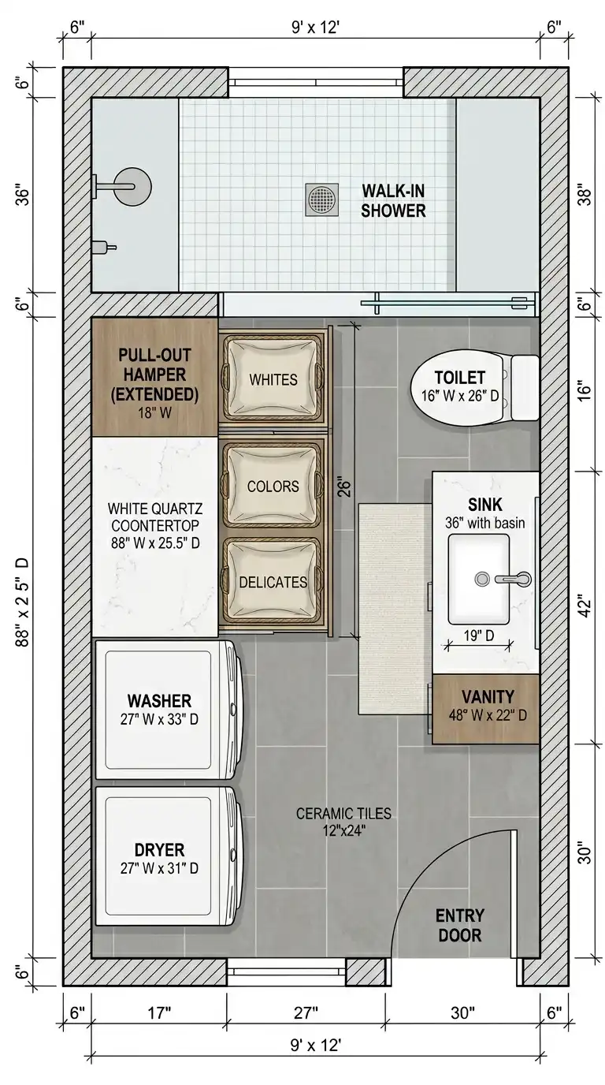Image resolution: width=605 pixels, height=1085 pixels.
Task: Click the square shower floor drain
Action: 322,199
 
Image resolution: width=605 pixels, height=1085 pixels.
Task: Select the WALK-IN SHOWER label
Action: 394,201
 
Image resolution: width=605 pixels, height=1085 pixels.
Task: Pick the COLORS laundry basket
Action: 273,486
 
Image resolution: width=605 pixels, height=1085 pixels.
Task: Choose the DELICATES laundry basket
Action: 273,581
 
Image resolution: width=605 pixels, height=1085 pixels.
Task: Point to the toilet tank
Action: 525,387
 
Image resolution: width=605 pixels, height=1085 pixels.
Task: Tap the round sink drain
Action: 482,579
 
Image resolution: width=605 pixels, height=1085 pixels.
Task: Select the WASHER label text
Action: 159,701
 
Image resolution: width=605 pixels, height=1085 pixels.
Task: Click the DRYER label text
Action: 159,850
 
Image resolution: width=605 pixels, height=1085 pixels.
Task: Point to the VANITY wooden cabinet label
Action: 488,696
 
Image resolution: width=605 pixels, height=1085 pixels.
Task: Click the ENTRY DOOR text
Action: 460,926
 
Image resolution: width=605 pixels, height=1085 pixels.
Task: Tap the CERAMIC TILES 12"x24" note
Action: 343,822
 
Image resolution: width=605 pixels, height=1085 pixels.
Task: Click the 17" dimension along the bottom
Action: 159,1012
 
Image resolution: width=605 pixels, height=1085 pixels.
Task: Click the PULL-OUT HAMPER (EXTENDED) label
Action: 154,375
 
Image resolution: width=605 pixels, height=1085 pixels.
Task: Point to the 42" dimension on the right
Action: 585,608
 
